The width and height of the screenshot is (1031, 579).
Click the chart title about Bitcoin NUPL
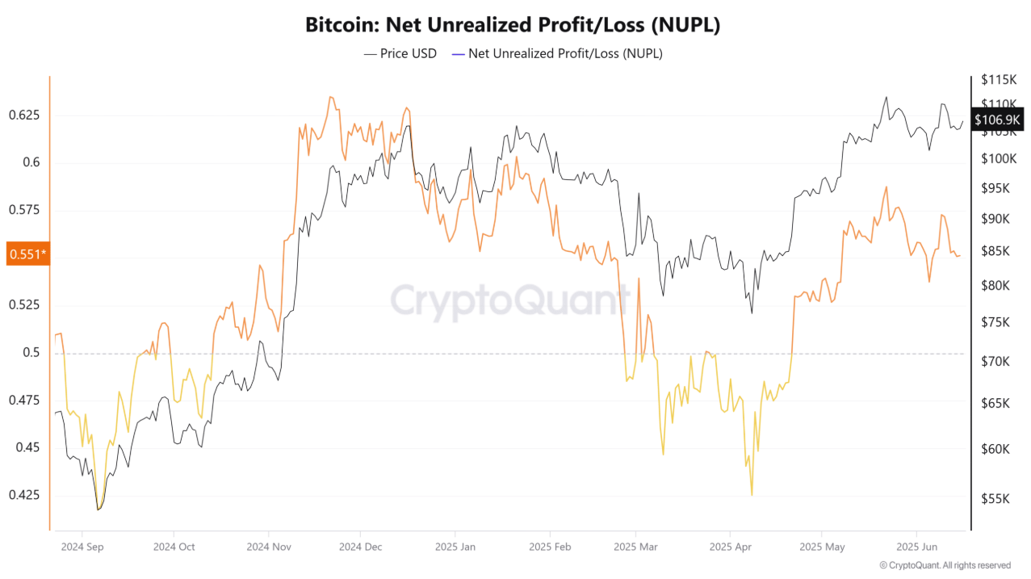[x=512, y=25]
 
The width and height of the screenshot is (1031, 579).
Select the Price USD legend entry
[x=400, y=54]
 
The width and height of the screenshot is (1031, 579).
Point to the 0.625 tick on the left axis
[x=24, y=115]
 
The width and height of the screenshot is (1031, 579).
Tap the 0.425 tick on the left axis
[x=24, y=495]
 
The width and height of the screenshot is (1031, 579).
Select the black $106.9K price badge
[x=998, y=120]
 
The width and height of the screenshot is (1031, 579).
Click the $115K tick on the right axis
[x=998, y=80]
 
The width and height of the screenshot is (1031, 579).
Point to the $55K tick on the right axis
[x=995, y=499]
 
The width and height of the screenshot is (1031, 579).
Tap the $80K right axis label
[x=995, y=285]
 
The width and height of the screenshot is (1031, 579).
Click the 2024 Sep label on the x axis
[x=82, y=547]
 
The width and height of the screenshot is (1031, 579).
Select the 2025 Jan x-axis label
[x=456, y=547]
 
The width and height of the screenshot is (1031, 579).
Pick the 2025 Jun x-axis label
[x=917, y=547]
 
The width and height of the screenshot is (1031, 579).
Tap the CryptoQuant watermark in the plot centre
[x=510, y=300]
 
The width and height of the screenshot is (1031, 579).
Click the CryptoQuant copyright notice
[x=945, y=565]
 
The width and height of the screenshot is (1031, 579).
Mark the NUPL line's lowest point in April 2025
[x=752, y=495]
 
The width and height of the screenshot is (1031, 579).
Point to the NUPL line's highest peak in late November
[x=329, y=97]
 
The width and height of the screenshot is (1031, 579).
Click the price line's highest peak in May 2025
[x=886, y=97]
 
